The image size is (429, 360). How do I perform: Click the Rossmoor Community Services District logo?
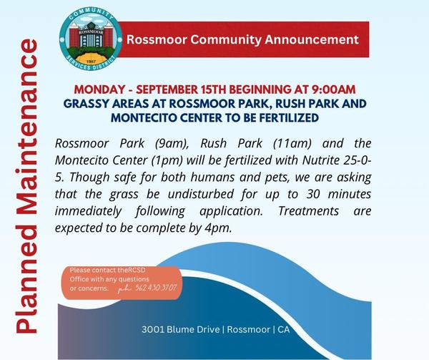point(91,39)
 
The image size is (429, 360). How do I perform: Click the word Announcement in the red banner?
point(311,39)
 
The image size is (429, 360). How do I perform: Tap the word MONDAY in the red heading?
point(99,89)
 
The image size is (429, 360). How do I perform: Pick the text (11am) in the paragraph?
point(292,144)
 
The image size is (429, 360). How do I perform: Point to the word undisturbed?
point(200,194)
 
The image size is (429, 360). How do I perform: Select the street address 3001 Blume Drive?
point(181,329)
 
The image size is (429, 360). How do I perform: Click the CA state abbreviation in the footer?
point(283,329)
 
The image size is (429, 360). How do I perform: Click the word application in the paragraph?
point(231,212)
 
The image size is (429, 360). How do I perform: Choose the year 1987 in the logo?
point(91,62)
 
